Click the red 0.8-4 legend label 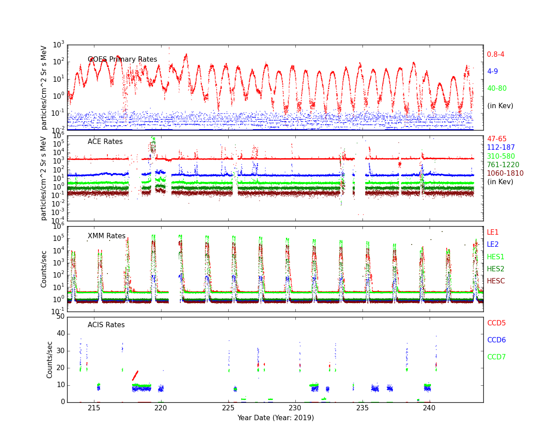495,55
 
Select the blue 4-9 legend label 492,72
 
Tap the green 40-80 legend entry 497,89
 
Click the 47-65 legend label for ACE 497,139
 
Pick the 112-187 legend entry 501,148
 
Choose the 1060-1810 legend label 505,173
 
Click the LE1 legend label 493,232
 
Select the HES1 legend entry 495,257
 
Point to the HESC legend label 496,281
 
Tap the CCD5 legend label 496,323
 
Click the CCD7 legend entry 496,357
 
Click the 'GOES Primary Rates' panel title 122,59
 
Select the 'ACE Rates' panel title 105,142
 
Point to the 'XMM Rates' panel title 107,236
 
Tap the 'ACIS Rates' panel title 106,325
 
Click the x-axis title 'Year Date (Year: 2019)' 275,418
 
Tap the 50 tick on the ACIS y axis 60,316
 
